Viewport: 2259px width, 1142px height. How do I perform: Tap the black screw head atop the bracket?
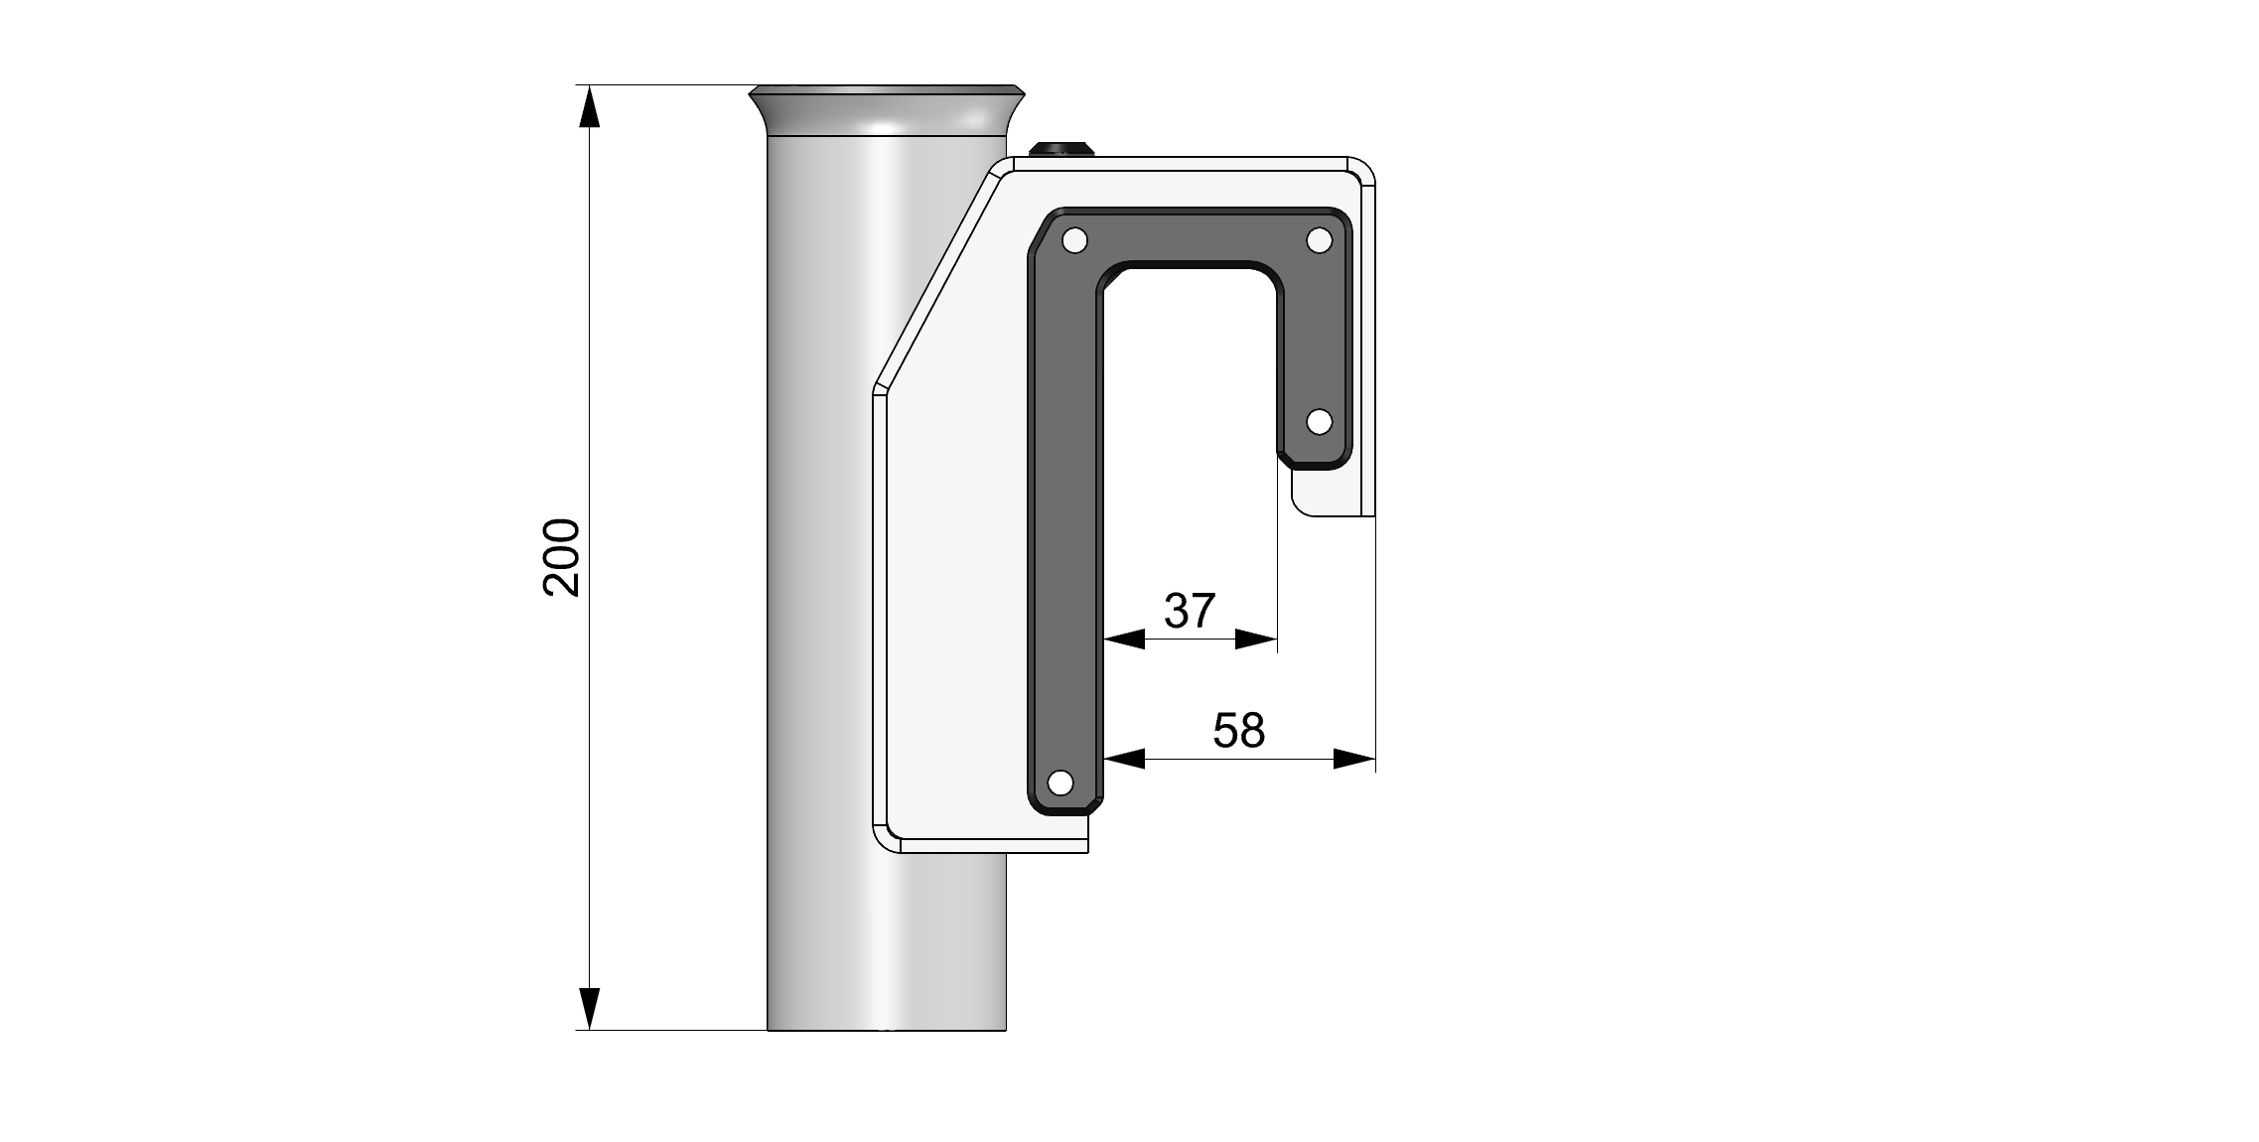click(x=1061, y=149)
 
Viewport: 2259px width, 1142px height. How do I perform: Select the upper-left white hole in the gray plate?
click(x=1074, y=240)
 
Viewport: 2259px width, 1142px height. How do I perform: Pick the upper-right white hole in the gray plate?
click(x=1319, y=240)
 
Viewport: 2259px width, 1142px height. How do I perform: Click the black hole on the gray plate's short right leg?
click(x=1319, y=422)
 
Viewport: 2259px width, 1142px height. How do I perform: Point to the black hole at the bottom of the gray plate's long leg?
click(x=1060, y=783)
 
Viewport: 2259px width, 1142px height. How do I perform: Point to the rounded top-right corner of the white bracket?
click(x=1359, y=172)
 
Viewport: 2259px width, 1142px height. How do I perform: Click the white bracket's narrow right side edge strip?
click(x=1367, y=348)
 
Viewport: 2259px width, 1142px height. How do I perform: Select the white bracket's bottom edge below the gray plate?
click(x=993, y=846)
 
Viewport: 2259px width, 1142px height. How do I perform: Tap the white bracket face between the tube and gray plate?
click(x=953, y=596)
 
